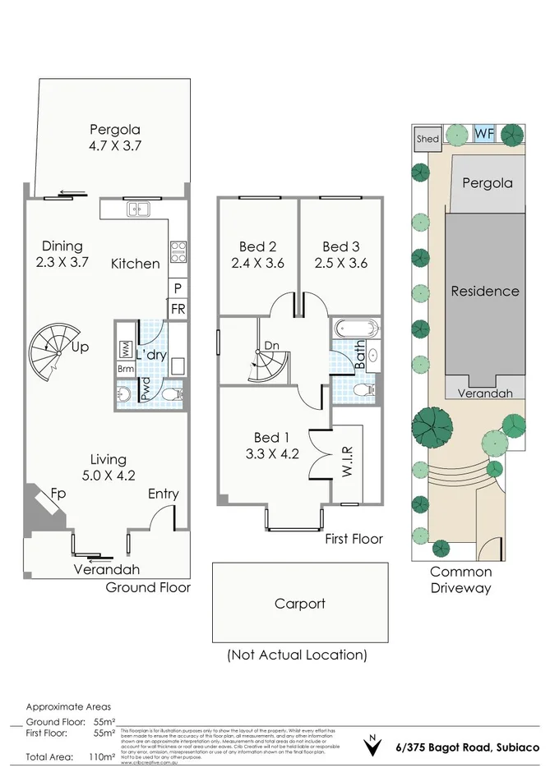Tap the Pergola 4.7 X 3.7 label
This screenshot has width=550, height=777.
[x=115, y=139]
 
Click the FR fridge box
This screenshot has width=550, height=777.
[x=178, y=308]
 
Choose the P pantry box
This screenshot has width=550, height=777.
[x=178, y=288]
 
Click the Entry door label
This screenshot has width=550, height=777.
[x=163, y=494]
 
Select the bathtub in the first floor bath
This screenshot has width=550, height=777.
[x=358, y=329]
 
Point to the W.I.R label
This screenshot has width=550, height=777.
[x=347, y=462]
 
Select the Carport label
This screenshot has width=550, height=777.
[x=299, y=604]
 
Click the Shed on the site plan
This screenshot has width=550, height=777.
[x=428, y=139]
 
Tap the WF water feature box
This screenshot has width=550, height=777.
[x=483, y=133]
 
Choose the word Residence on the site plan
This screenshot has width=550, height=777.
[x=485, y=291]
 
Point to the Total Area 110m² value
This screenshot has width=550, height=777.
[x=103, y=756]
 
